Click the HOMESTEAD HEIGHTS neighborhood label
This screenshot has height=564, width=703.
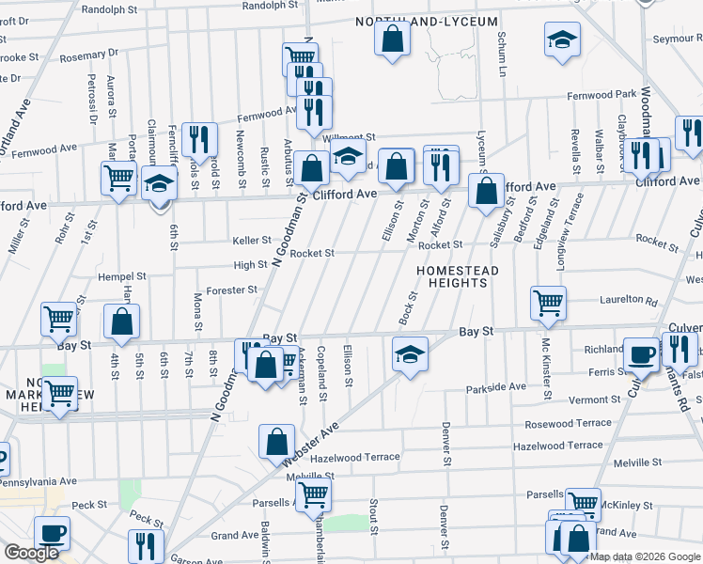[x=457, y=279]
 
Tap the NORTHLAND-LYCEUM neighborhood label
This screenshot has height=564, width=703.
[x=426, y=21]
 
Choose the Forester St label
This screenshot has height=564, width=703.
[x=232, y=290]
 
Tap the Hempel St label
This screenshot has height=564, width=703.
[x=122, y=277]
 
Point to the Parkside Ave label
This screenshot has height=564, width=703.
[x=496, y=387]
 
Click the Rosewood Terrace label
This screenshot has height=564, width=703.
[x=569, y=424]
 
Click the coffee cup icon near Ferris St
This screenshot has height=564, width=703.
[x=642, y=353]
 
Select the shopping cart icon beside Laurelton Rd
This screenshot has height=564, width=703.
[x=548, y=302]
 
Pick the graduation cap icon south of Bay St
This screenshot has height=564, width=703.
[x=410, y=353]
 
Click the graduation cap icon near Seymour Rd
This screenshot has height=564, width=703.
[x=562, y=39]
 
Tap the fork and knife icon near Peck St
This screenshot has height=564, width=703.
[x=145, y=545]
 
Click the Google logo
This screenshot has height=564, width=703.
[x=31, y=553]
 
